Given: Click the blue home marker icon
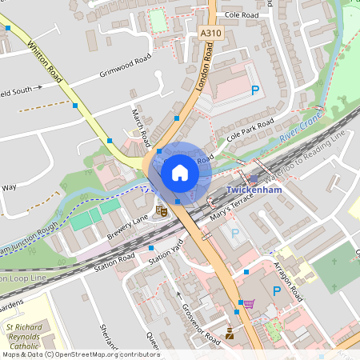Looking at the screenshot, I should click(180, 172).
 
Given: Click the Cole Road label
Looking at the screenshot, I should click(242, 15).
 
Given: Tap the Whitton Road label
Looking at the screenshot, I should click(43, 59).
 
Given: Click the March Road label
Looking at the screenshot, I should click(141, 126).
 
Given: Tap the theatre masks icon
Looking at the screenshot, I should click(161, 211).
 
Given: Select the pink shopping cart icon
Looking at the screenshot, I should click(249, 304).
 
